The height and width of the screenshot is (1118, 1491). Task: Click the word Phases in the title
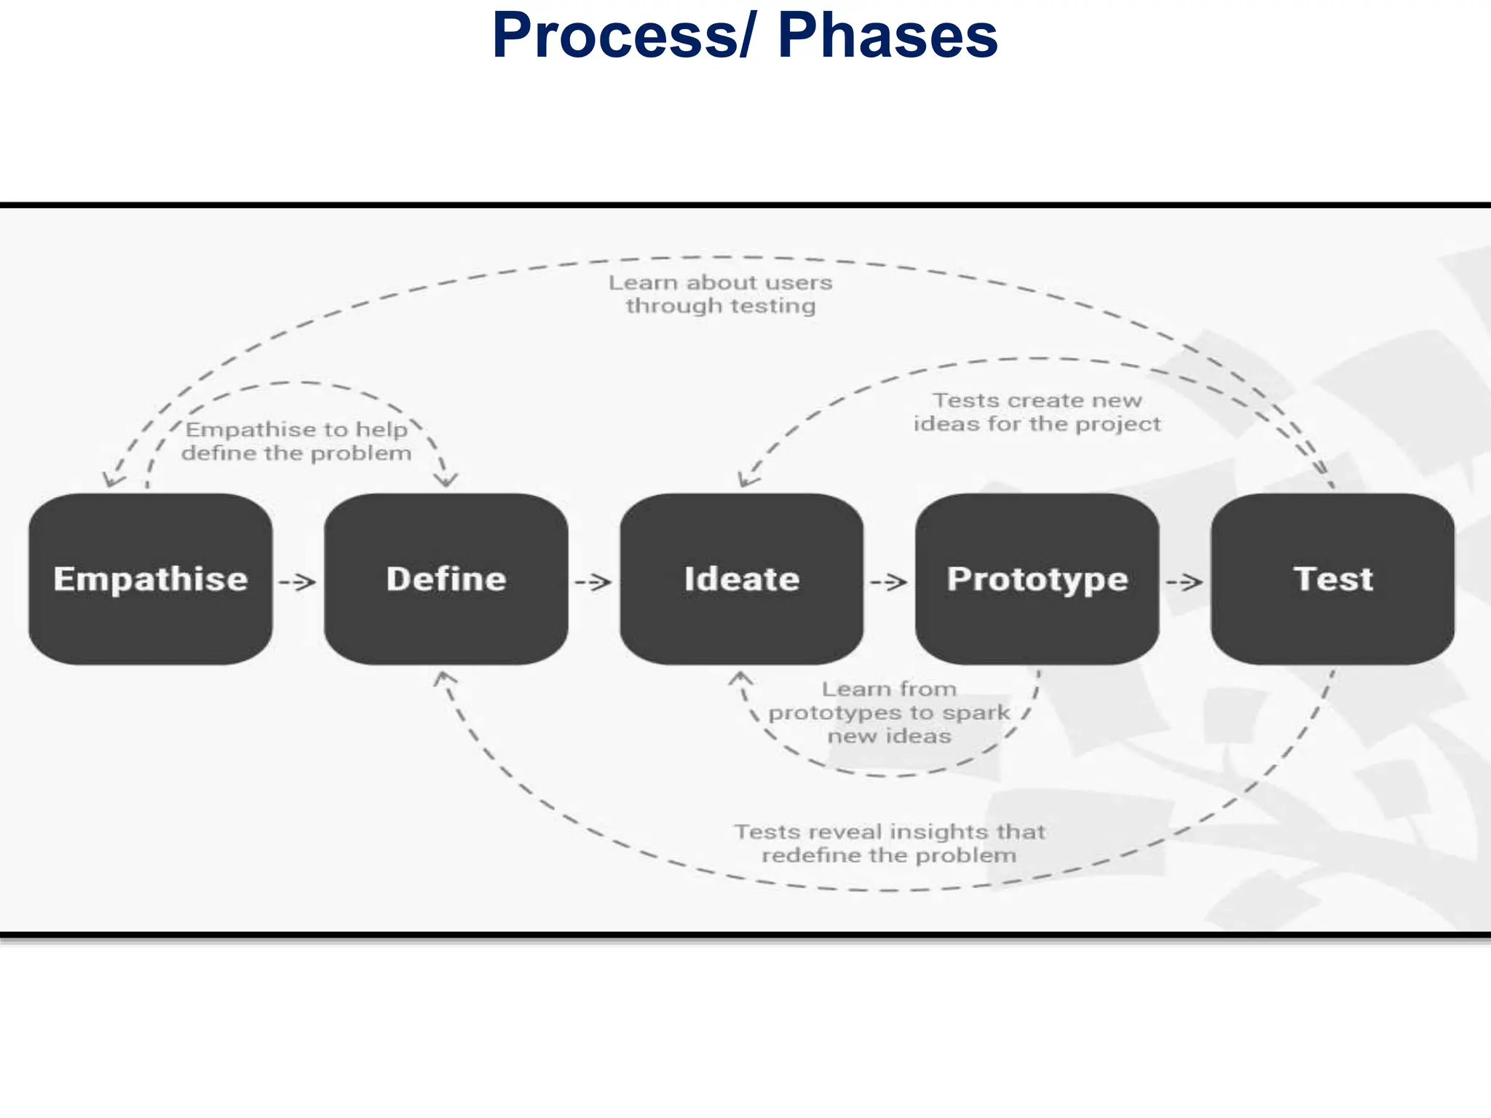[x=887, y=36]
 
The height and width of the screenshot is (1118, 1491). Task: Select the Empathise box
[x=151, y=579]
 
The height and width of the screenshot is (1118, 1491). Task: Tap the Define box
[x=446, y=579]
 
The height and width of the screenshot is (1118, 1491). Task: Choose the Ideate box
[x=742, y=579]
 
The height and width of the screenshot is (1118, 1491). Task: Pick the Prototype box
[x=1037, y=579]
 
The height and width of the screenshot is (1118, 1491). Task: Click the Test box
[x=1333, y=579]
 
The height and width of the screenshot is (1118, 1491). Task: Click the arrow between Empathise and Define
[x=298, y=582]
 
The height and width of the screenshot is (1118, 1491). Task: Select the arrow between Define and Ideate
[x=593, y=582]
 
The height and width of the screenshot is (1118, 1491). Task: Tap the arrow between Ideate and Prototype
[x=889, y=582]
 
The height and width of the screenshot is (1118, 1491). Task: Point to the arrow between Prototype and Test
[x=1185, y=582]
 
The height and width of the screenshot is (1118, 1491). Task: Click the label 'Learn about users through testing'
[x=720, y=294]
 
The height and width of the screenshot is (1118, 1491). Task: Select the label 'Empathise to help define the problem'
[x=296, y=441]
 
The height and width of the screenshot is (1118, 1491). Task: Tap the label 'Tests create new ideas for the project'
[x=1037, y=412]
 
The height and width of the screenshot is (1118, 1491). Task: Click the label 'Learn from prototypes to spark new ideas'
[x=889, y=712]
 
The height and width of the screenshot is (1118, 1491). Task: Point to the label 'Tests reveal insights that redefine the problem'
[x=889, y=843]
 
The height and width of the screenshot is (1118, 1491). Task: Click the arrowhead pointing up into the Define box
[x=443, y=679]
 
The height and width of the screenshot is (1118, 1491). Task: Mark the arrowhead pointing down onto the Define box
[x=446, y=480]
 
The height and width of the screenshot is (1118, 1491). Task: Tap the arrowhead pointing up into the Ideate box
[x=740, y=679]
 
